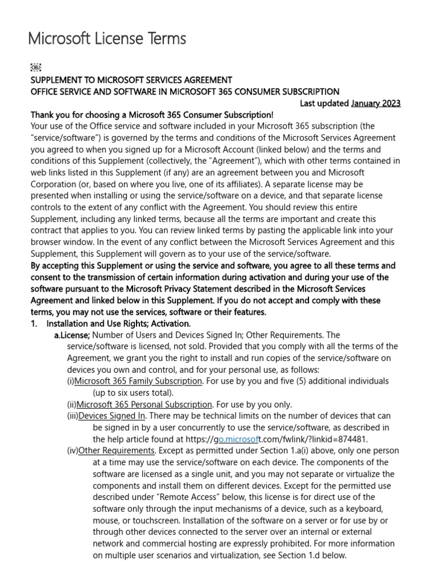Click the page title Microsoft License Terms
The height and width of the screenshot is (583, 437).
107,39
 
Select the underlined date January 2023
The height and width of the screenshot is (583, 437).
376,103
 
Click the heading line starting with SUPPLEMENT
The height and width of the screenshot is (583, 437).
131,80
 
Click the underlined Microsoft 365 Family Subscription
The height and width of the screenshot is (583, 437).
138,381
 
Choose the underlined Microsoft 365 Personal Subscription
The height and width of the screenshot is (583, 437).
145,404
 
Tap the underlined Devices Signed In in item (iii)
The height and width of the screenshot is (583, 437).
112,416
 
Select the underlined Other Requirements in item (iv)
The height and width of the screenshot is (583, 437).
116,451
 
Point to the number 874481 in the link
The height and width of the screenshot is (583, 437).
352,439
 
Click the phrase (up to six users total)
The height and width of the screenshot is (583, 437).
133,393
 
